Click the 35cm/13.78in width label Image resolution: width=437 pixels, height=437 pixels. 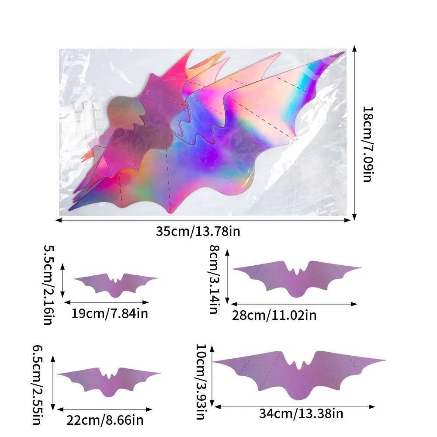click(x=198, y=231)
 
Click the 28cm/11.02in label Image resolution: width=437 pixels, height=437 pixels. click(x=275, y=315)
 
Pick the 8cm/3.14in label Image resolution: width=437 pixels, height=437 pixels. click(x=214, y=279)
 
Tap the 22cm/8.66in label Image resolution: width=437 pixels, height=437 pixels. click(x=105, y=420)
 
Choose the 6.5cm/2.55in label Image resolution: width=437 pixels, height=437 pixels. click(x=38, y=384)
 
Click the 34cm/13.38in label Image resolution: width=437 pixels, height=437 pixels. click(x=301, y=413)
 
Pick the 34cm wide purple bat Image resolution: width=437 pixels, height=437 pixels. click(x=300, y=371)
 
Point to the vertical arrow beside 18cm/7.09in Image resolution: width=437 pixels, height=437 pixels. click(x=354, y=133)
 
